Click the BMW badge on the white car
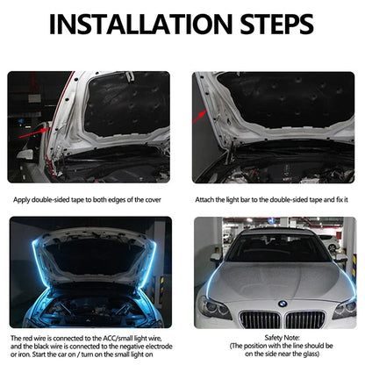(283, 304)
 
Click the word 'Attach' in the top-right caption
(207, 200)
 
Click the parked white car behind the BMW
(330, 240)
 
